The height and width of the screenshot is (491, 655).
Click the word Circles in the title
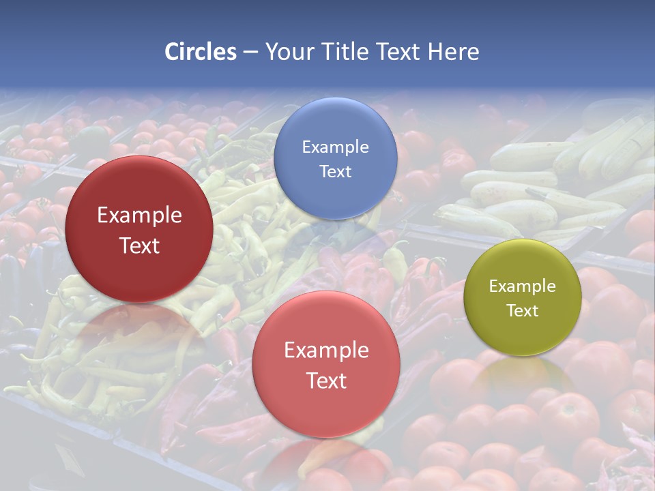[x=200, y=52]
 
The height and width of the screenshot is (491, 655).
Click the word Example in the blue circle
[x=335, y=147]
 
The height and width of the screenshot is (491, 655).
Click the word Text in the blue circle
[x=335, y=171]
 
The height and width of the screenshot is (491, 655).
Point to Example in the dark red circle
[x=139, y=215]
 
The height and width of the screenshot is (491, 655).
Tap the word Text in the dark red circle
[x=139, y=245]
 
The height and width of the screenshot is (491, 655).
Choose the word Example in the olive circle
[x=523, y=286]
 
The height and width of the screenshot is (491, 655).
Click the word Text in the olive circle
[x=523, y=310]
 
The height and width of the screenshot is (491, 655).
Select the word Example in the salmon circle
[x=326, y=351]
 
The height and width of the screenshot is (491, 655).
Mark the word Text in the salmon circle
[x=326, y=381]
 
